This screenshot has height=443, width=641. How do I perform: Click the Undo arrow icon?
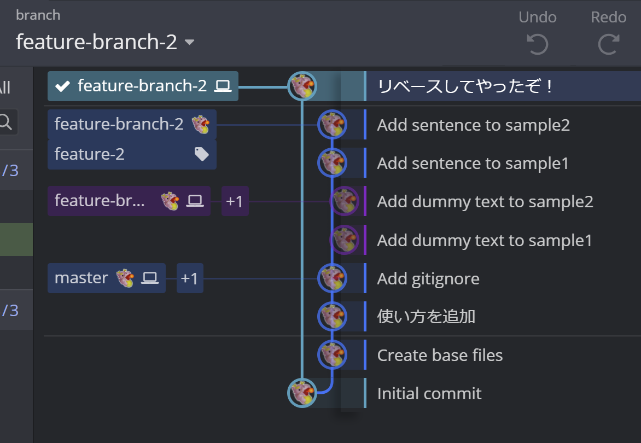[x=537, y=44]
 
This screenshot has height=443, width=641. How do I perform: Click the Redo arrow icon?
[x=608, y=44]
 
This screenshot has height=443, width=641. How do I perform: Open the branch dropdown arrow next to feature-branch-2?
[x=190, y=43]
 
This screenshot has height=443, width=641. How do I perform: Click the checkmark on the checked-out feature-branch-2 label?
[x=63, y=86]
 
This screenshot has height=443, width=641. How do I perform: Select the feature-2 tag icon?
[x=202, y=155]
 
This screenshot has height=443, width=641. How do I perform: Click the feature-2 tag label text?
[x=90, y=154]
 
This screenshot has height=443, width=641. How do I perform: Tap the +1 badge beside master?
[x=189, y=278]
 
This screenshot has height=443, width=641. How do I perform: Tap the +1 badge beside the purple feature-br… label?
[x=235, y=201]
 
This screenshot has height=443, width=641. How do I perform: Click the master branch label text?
[x=81, y=278]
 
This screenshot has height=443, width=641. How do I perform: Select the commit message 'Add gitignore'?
[x=428, y=279]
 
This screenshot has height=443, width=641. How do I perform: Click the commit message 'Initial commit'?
[x=429, y=394]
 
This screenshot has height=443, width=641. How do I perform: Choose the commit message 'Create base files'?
[x=440, y=355]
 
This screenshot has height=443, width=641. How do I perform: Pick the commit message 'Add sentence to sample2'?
[x=474, y=125]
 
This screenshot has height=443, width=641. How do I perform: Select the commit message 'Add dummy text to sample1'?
[x=485, y=241]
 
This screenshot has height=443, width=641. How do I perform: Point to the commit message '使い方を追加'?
[x=426, y=317]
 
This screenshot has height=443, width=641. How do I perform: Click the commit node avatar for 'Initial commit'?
[x=302, y=393]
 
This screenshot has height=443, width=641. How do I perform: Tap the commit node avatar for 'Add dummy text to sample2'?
[x=345, y=201]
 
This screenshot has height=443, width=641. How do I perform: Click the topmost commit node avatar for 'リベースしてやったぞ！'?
[x=302, y=86]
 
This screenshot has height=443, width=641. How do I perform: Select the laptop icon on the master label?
[x=149, y=278]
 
